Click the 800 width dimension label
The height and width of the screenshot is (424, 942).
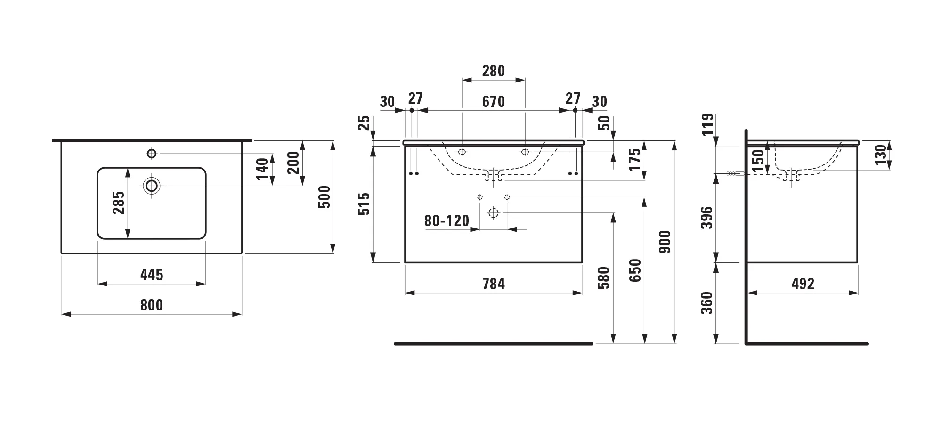pos(152,305)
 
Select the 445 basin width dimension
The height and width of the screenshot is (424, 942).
pos(152,275)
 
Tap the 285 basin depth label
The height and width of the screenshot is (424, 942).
pos(119,203)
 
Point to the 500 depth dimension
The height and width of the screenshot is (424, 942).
pos(325,197)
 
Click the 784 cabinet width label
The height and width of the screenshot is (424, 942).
pos(494,284)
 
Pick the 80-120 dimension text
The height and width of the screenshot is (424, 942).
pos(447,221)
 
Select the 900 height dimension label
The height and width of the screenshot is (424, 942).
pos(665,242)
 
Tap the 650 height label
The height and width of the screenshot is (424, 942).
pos(635,270)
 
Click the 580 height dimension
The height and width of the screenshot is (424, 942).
pos(604,278)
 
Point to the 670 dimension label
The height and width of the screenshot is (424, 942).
pos(494,102)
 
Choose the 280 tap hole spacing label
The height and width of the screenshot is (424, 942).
pos(494,71)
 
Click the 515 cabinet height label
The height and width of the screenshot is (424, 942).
pos(365,204)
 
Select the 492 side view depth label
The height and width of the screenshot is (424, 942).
pos(803,284)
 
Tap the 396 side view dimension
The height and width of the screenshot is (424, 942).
pos(707,218)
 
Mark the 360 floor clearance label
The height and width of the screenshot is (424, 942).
pos(707,303)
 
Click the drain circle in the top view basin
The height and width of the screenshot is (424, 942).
pos(152,186)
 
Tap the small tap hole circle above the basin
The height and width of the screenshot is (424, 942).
pos(152,153)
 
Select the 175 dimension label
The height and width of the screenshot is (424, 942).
pos(635,159)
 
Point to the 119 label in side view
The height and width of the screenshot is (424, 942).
pos(707,124)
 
